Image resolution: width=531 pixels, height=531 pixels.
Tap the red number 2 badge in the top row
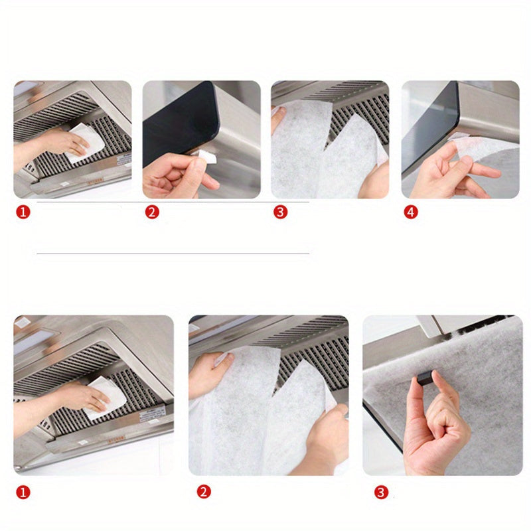pyautogui.click(x=152, y=213)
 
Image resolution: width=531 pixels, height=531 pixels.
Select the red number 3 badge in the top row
pyautogui.click(x=280, y=213)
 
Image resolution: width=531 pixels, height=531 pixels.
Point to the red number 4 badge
pyautogui.click(x=411, y=213)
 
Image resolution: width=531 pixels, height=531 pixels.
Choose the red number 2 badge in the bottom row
pyautogui.click(x=203, y=492)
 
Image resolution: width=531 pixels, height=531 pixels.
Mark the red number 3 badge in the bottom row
pyautogui.click(x=380, y=492)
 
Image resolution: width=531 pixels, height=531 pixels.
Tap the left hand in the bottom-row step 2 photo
pyautogui.click(x=207, y=375)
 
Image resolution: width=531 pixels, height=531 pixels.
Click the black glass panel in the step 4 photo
pyautogui.click(x=428, y=129)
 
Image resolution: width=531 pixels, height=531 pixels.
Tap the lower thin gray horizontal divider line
pyautogui.click(x=173, y=253)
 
